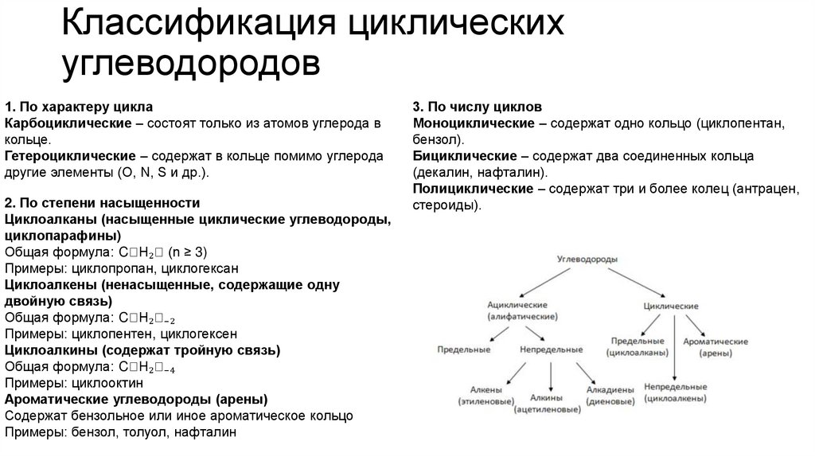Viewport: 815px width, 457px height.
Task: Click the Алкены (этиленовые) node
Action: [483, 396]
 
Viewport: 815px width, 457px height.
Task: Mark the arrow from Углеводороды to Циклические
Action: [633, 284]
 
